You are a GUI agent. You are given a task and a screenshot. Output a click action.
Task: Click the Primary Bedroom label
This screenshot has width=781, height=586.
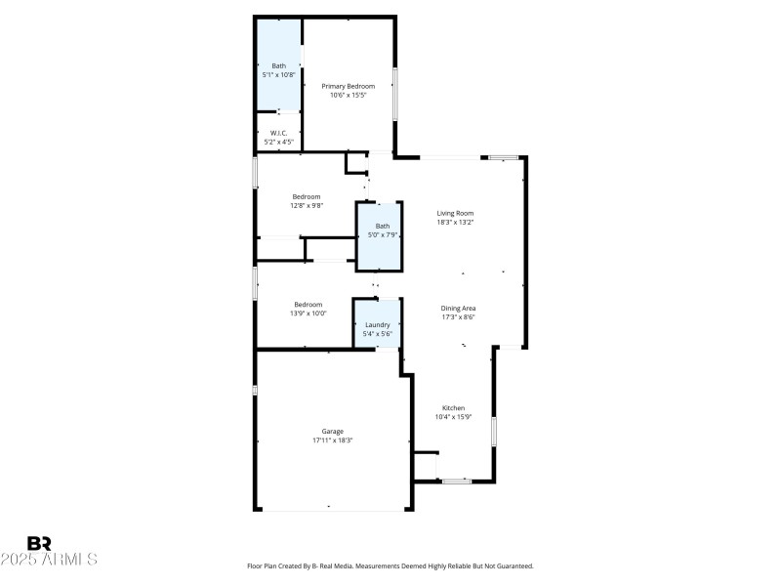coord(349,86)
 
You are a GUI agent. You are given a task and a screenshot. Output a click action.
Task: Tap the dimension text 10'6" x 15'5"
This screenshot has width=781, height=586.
coord(349,96)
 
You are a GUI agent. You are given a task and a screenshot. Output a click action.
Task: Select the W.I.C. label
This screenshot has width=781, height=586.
coord(278,133)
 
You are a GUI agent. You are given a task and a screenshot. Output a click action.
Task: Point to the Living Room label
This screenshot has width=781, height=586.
coord(455,212)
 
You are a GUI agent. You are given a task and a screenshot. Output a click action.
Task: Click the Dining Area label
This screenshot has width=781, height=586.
coord(458,308)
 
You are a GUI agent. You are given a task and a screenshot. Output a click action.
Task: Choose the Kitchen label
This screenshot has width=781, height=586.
coord(453,407)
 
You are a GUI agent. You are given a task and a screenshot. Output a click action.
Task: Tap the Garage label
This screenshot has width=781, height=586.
coord(332,431)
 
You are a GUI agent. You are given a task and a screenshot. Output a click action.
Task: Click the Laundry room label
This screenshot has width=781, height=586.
coord(378,324)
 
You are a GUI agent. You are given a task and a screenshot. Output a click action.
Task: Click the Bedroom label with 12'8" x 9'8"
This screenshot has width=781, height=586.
coord(307,196)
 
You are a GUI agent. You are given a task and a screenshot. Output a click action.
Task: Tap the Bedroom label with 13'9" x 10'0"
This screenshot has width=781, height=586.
coord(308,304)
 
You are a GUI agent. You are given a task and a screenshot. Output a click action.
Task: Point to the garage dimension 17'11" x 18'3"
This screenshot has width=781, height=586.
coord(332,440)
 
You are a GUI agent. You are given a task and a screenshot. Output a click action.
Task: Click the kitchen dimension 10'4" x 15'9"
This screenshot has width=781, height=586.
coord(453,417)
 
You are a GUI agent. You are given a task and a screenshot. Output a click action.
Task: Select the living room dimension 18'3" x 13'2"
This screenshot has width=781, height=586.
coord(455,222)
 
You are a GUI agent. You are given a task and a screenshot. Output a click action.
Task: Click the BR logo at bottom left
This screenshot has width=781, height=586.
coord(39,543)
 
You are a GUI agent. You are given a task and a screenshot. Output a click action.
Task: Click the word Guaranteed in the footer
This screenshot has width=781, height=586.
coord(514,565)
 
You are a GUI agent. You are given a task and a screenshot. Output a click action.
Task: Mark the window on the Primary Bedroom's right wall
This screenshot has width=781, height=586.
coord(394,93)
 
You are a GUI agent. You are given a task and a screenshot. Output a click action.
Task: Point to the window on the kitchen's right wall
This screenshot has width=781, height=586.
coord(494,431)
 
